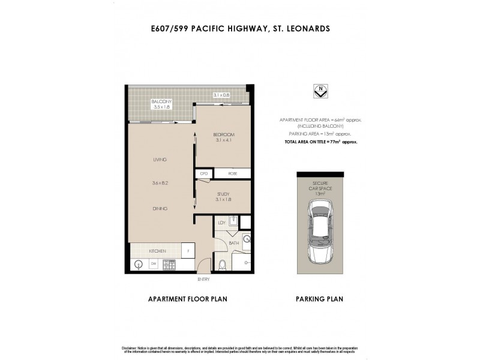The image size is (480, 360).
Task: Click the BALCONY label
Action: [x=161, y=101]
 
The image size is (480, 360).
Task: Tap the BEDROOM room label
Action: [x=224, y=134]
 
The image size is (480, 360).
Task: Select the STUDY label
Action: [x=223, y=194]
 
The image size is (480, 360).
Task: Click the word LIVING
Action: [x=159, y=160]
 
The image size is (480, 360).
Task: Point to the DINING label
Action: [x=159, y=208]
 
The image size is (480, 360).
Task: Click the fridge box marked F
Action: [x=188, y=250]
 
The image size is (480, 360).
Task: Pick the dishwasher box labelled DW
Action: [x=154, y=263]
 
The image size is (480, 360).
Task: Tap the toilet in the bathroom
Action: [x=222, y=265]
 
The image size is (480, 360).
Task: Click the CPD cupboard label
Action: [x=204, y=173]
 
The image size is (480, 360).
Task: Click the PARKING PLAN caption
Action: [x=320, y=298]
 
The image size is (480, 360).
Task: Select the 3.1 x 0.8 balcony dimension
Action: [x=222, y=95]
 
